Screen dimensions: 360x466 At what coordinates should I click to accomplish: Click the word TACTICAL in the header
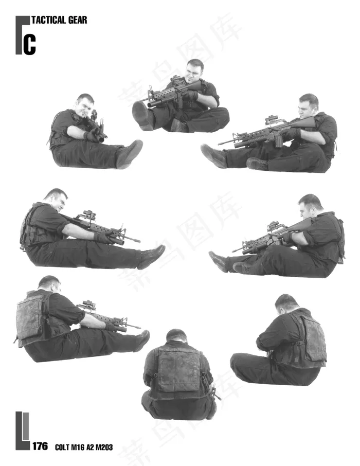(48, 20)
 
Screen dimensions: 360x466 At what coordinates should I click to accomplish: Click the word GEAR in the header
(78, 20)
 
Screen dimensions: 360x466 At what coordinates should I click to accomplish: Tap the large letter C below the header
(30, 45)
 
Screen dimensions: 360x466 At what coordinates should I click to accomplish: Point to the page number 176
(40, 446)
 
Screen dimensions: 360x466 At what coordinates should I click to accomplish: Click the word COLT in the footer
(62, 447)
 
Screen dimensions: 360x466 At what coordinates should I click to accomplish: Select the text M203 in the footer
(103, 447)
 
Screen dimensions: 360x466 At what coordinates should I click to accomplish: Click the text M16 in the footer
(78, 447)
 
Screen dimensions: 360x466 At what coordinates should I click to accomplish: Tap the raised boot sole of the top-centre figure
(141, 115)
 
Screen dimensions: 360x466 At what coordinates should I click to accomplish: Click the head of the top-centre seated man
(195, 69)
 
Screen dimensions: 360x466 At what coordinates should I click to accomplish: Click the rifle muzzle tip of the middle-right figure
(233, 251)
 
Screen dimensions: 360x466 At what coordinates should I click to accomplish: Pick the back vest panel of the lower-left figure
(30, 317)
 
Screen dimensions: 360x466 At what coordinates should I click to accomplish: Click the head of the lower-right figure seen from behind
(285, 303)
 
